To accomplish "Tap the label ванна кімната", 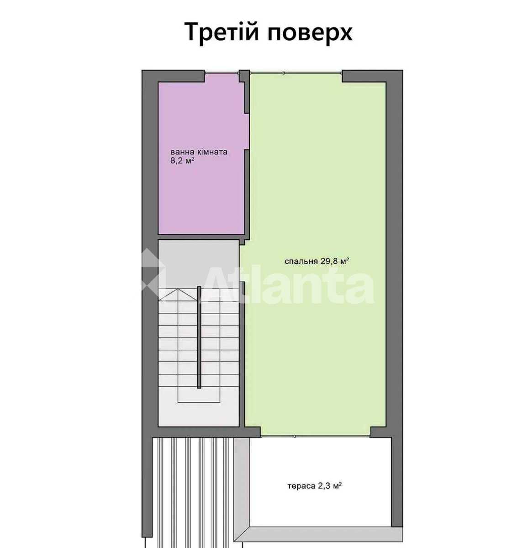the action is (199, 152).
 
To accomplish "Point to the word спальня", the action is (301, 261).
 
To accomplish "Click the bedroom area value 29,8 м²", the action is (335, 261).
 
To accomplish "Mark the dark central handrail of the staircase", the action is (199, 337).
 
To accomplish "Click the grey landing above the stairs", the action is (198, 264).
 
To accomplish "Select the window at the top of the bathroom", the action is (222, 73).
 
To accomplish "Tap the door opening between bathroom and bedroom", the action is (247, 132).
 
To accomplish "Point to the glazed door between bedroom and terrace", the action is (316, 436).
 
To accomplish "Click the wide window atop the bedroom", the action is (296, 73).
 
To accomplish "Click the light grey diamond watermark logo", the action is (150, 270).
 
